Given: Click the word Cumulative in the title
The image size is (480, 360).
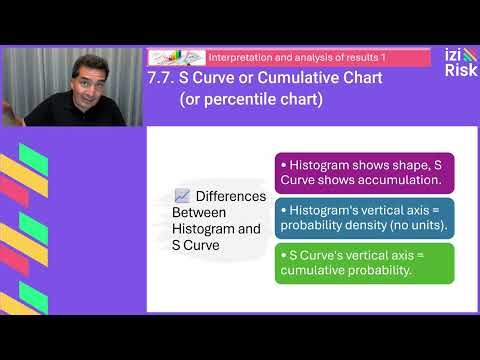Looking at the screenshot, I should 276,78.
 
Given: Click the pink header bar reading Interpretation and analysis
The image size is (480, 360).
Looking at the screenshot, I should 289,57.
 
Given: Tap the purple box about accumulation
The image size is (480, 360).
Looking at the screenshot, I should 364,172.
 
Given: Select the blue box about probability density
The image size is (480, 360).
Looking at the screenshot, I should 364,218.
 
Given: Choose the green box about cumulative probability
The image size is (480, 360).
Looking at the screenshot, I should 364,263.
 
